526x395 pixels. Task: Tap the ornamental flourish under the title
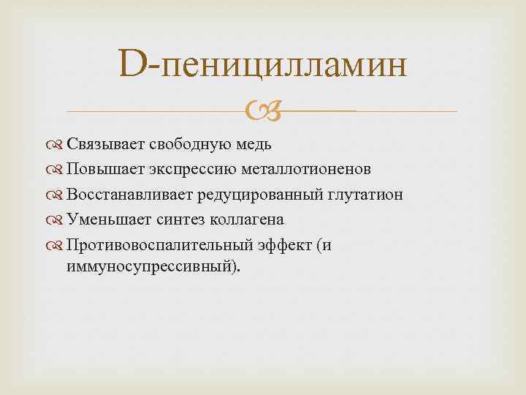coord(262,112)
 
